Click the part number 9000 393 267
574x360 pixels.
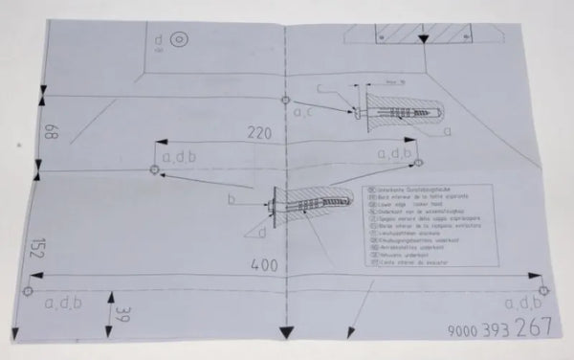499,328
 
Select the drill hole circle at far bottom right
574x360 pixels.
542,289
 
